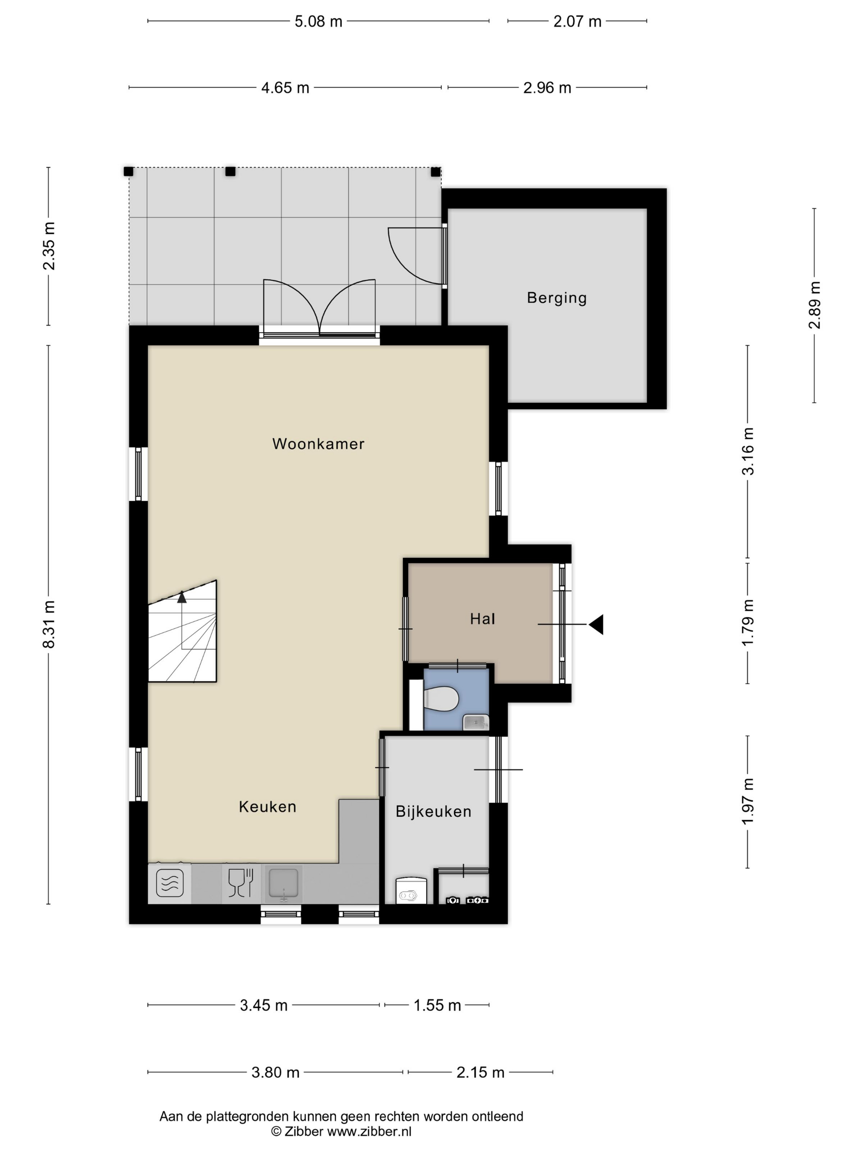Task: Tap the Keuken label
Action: coord(268,807)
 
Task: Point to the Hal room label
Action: coord(482,619)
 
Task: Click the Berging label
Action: coord(556,298)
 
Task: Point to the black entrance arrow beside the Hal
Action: coord(596,624)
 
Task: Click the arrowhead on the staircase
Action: coord(182,597)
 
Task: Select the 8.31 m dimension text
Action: coord(49,624)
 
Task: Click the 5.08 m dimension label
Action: coord(318,21)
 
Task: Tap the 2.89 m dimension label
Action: coord(814,305)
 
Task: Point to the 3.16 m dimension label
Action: coord(748,451)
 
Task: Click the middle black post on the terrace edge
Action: coord(231,171)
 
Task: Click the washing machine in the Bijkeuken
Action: coord(411,890)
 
